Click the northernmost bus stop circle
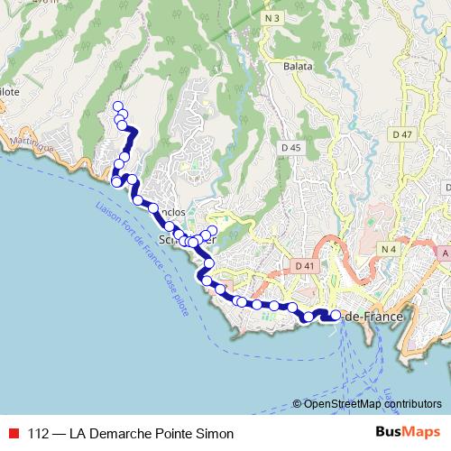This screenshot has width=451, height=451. pos(117,106)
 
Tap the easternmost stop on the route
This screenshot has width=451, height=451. pos(336,315)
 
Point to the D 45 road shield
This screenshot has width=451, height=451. pos(290,147)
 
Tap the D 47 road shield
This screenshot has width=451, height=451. pos(402,134)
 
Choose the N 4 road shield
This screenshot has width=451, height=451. pos(389,249)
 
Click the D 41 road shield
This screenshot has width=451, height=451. pos(304,266)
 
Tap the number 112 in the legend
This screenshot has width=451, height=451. pos(39,434)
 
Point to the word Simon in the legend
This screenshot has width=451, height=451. pos(216,434)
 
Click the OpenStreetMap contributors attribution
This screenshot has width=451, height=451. pos(367,404)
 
